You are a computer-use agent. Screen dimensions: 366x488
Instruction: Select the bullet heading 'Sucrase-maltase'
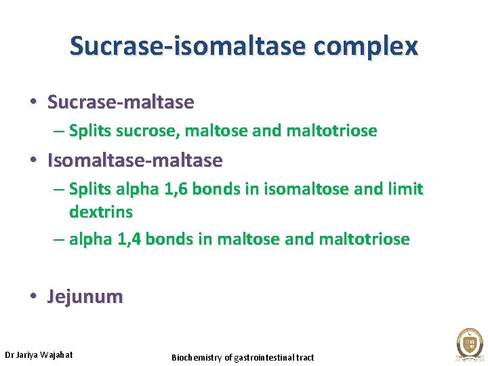tap(121, 102)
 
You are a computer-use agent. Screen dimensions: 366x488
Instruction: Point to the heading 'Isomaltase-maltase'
tap(135, 161)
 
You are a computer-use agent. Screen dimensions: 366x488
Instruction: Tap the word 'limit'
tap(403, 189)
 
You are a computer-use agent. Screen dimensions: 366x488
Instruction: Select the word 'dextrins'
tap(101, 211)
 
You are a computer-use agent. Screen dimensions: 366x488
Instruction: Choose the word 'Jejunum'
tap(85, 297)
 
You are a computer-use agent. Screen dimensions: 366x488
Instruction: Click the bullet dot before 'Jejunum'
tap(33, 297)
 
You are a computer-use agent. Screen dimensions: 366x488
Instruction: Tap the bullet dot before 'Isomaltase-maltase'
tap(33, 161)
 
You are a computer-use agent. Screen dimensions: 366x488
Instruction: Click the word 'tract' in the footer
tap(304, 357)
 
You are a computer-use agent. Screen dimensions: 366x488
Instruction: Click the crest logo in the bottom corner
tap(469, 342)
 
